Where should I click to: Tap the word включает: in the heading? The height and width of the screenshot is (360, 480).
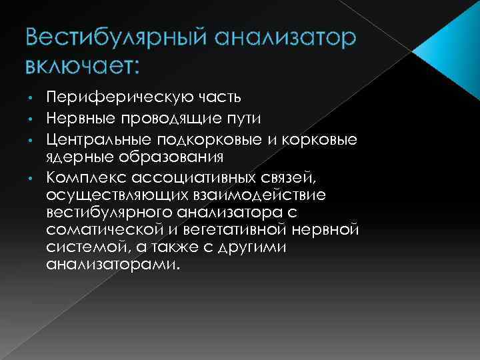pyautogui.click(x=82, y=67)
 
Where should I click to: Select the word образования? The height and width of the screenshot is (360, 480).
pyautogui.click(x=167, y=158)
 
